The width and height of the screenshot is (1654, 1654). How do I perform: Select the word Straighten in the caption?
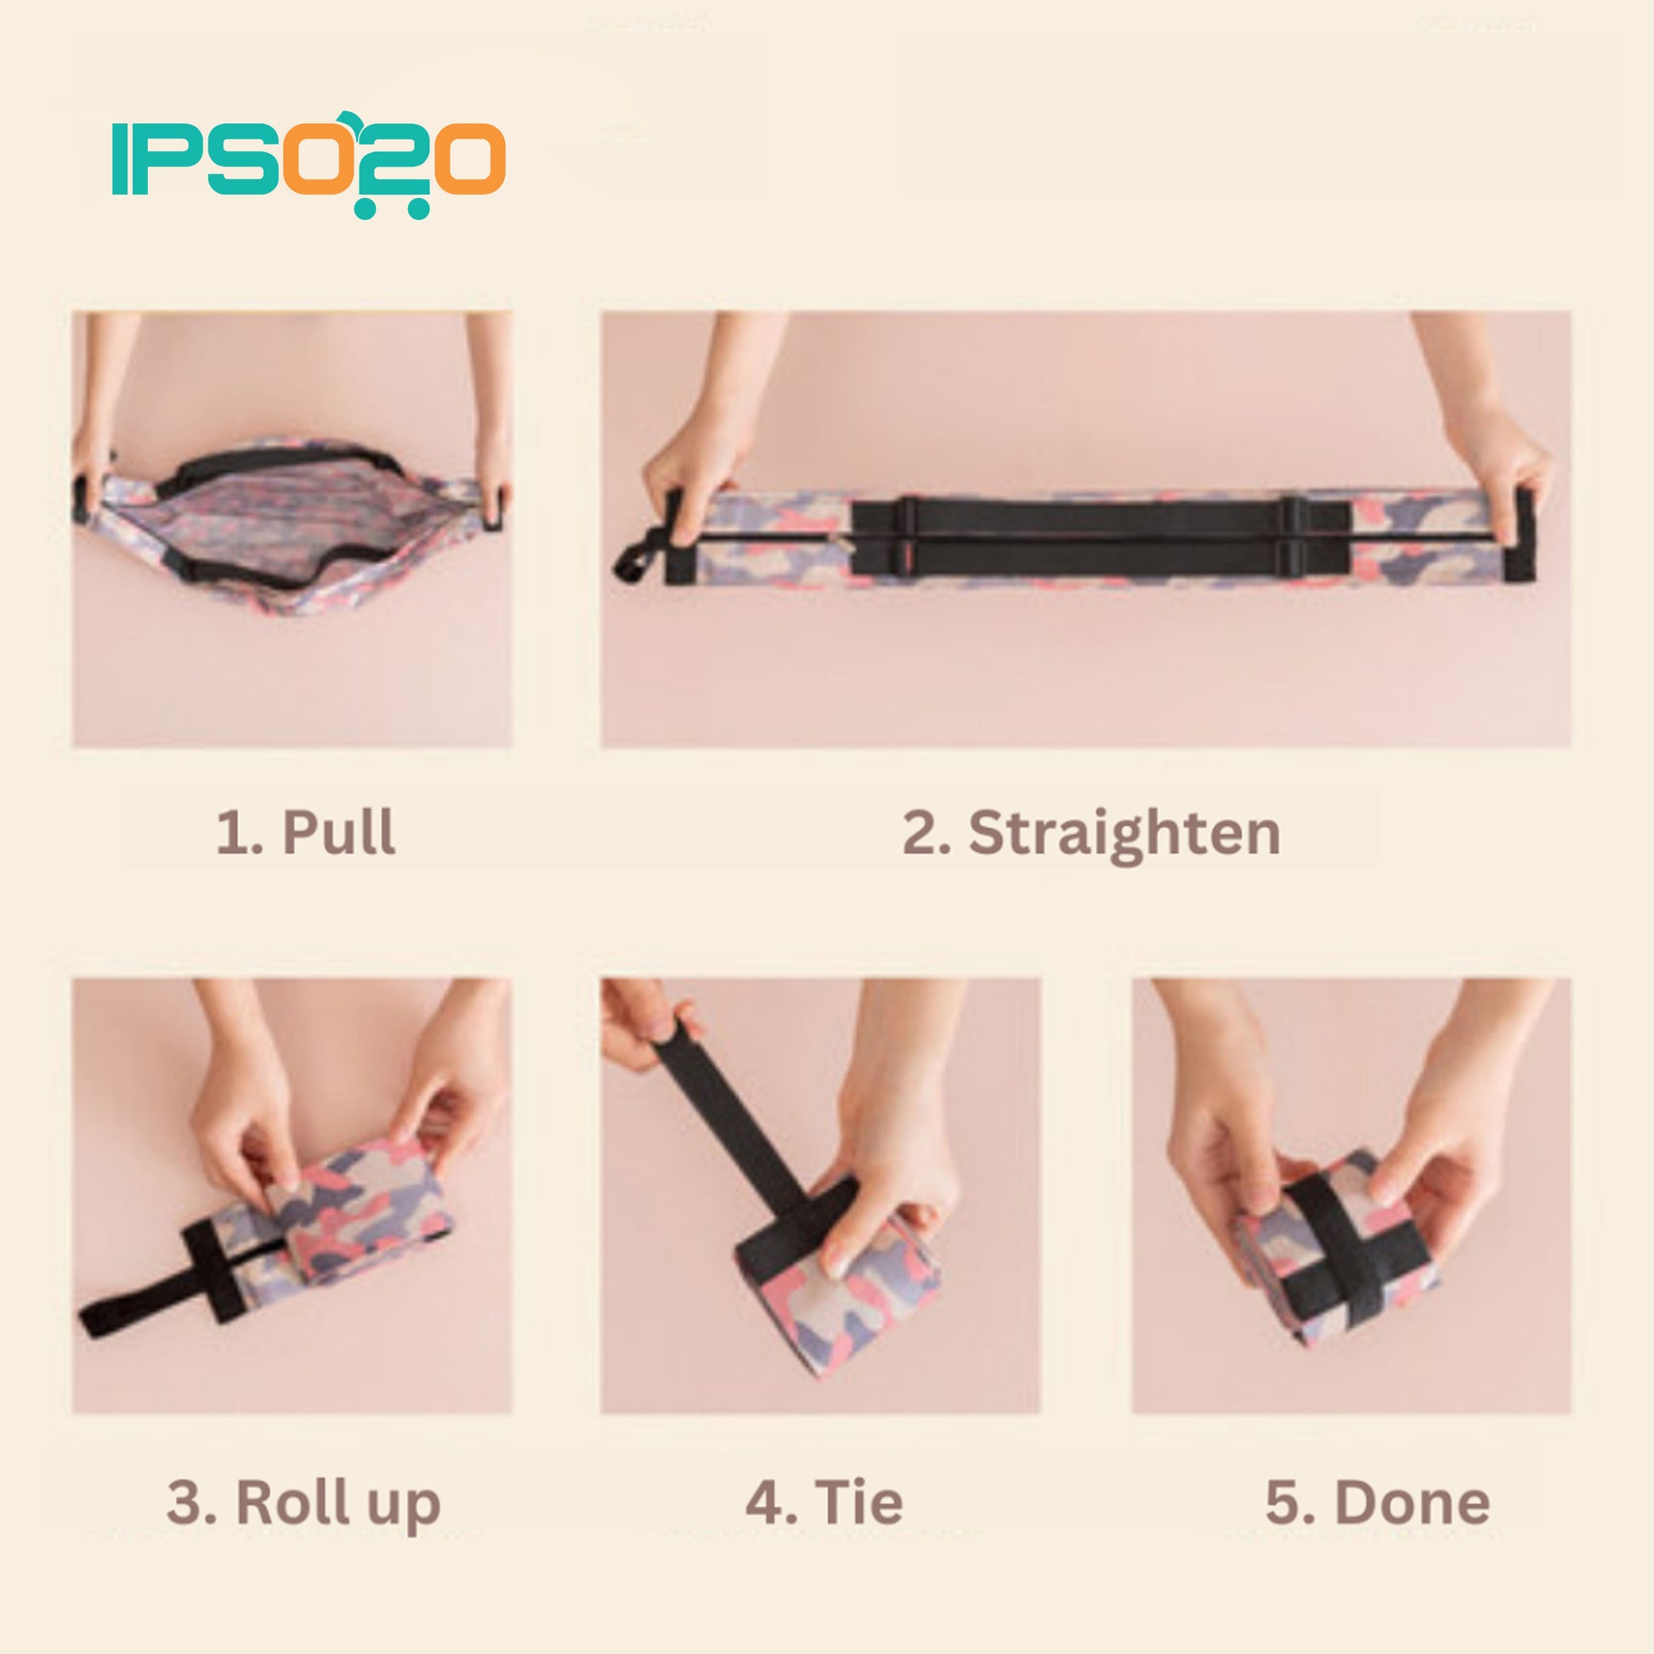1124,834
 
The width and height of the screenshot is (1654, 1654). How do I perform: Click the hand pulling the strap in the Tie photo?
646,1023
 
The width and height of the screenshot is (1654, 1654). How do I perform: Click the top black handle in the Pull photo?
282,462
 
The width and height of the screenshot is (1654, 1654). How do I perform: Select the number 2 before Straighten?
918,833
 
